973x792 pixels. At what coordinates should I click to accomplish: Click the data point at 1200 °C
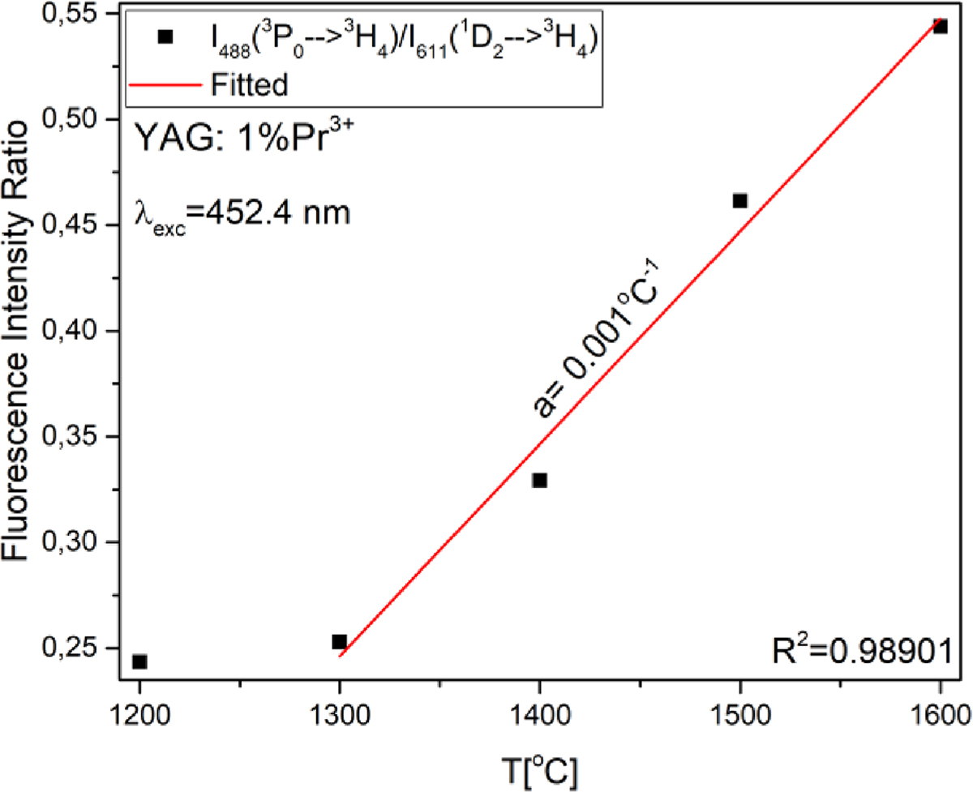(x=139, y=661)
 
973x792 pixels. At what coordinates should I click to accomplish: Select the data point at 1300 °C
(x=339, y=642)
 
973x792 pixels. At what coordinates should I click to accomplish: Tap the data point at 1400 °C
(x=539, y=481)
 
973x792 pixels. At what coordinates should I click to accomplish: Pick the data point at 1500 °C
(x=739, y=200)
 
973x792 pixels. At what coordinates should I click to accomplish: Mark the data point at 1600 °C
(x=940, y=27)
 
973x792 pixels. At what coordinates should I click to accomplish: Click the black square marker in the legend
(x=165, y=36)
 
